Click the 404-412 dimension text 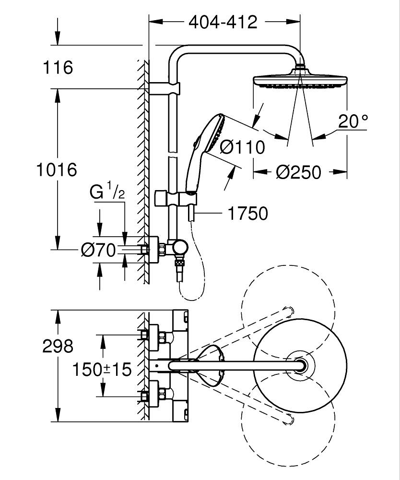pyautogui.click(x=223, y=22)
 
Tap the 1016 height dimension pyautogui.click(x=57, y=169)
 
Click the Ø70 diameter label pyautogui.click(x=98, y=250)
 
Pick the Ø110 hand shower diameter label pyautogui.click(x=242, y=147)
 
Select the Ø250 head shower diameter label pyautogui.click(x=298, y=171)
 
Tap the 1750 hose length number pyautogui.click(x=247, y=214)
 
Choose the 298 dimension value pyautogui.click(x=58, y=346)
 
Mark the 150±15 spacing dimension pyautogui.click(x=102, y=369)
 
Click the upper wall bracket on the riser pyautogui.click(x=164, y=89)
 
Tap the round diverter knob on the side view pyautogui.click(x=181, y=247)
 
